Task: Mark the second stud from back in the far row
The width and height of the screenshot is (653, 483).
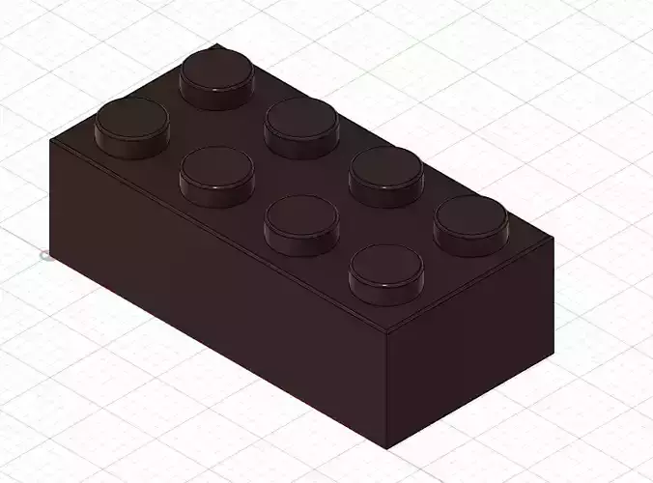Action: coord(301,123)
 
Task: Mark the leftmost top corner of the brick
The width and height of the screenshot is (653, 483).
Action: coord(50,140)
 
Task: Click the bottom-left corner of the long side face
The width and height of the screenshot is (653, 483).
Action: coord(52,258)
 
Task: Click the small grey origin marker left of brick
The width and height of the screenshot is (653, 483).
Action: coord(44,255)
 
